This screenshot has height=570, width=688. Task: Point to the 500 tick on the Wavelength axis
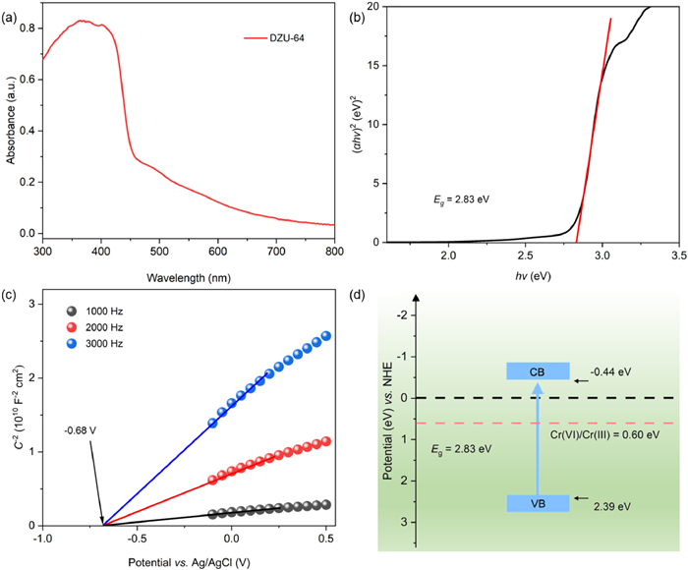click(159, 253)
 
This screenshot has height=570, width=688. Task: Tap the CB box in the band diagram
click(537, 371)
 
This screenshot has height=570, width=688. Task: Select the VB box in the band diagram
click(537, 503)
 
